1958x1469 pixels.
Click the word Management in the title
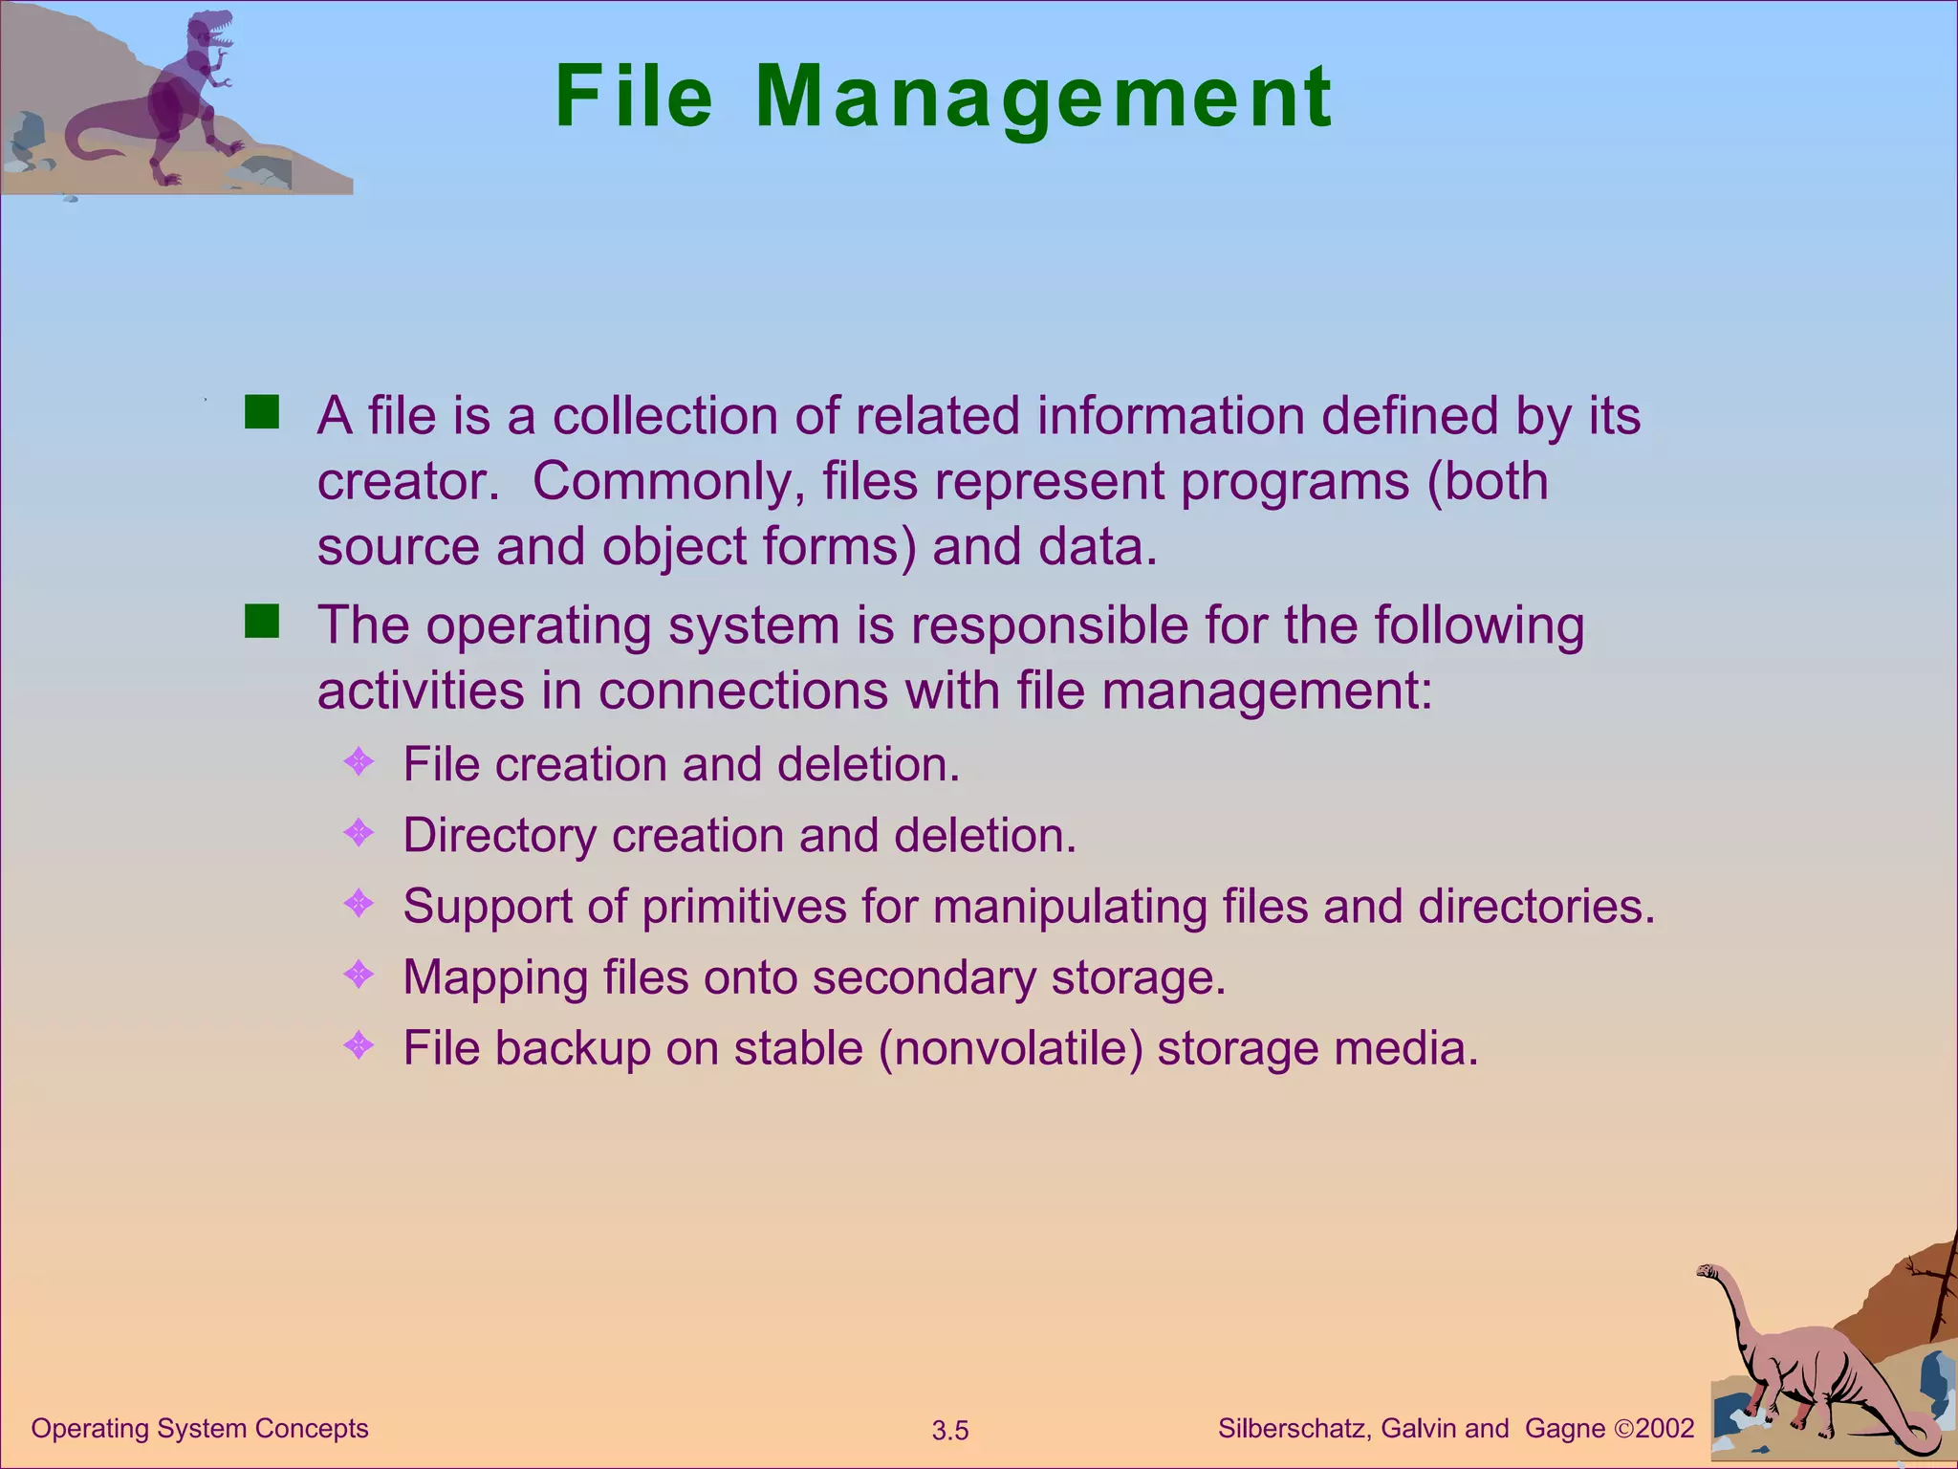click(1043, 98)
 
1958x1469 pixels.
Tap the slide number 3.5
click(950, 1431)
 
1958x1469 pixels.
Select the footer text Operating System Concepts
click(200, 1429)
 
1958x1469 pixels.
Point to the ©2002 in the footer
click(1654, 1429)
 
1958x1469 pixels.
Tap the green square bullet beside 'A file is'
click(261, 413)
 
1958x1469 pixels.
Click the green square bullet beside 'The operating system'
click(261, 622)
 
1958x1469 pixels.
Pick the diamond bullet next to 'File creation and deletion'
click(359, 762)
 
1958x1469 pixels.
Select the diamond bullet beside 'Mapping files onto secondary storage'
click(359, 975)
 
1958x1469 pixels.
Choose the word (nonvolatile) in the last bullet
click(1011, 1048)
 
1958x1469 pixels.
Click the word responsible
click(1049, 626)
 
